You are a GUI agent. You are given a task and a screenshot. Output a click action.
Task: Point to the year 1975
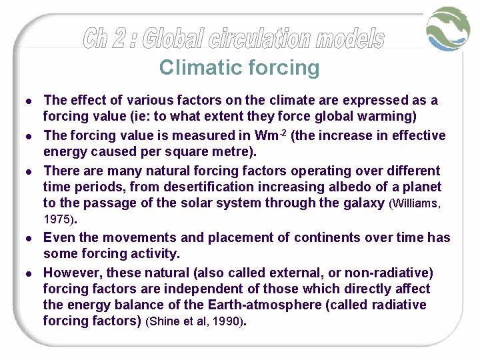pos(58,219)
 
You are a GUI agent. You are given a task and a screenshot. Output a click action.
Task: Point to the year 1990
pos(231,321)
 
